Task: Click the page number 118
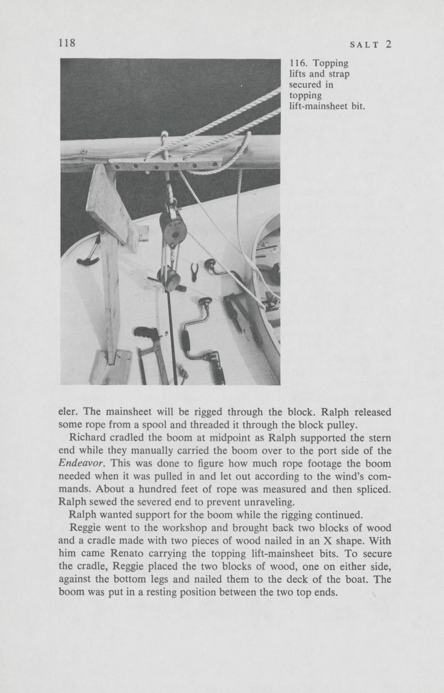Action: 67,43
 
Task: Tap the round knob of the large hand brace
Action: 205,302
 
